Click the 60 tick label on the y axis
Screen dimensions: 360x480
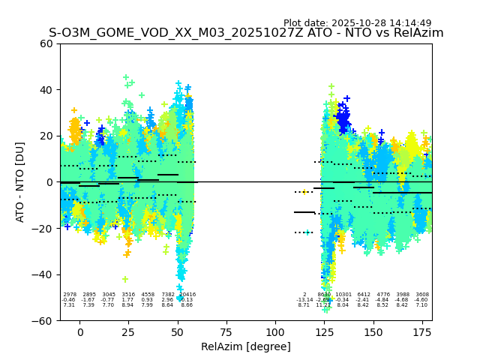(x=46, y=43)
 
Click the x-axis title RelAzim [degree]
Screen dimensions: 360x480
(x=245, y=346)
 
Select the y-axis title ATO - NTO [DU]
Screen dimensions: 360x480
(x=20, y=181)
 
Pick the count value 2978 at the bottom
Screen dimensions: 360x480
(x=70, y=295)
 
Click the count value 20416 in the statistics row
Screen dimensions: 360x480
(x=187, y=295)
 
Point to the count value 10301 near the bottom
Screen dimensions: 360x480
(x=343, y=295)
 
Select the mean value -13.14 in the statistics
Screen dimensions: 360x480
(x=304, y=300)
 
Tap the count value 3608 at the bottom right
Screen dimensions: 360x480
(x=422, y=295)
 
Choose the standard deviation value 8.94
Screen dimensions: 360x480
(x=128, y=305)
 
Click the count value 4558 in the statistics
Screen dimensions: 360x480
(x=148, y=295)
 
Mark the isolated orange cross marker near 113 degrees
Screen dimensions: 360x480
(x=304, y=192)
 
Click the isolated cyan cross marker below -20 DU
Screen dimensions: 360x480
(x=307, y=232)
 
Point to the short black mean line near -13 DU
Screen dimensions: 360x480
(x=304, y=212)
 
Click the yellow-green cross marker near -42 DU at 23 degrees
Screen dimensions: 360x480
(x=125, y=279)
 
